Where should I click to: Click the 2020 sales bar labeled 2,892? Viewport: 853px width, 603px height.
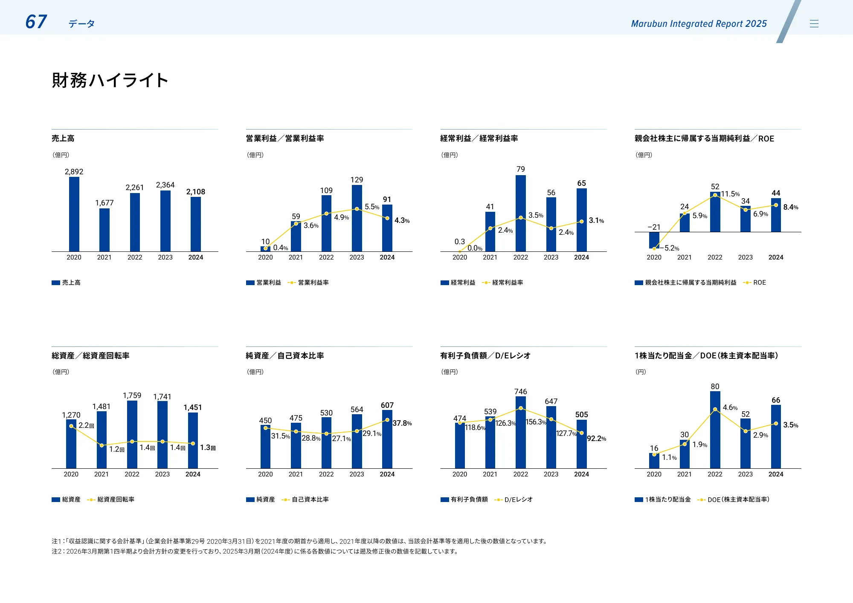pos(74,214)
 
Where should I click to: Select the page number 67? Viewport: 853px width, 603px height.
pos(36,22)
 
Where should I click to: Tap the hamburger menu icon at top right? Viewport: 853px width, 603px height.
pos(814,24)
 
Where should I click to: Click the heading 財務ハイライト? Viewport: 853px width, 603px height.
pos(110,80)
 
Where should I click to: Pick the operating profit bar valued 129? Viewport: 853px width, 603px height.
pos(357,218)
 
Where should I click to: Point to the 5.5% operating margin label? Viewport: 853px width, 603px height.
pos(371,207)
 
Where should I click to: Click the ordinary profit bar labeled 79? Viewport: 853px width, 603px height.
pos(520,213)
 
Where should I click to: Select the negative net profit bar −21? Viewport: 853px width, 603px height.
pos(654,240)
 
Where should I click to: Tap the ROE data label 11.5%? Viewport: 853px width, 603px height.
pos(730,194)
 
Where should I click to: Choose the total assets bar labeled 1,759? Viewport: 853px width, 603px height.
pos(132,435)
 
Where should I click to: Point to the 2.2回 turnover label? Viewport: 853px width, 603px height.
pos(86,425)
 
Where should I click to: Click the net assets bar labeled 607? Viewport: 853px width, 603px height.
pos(387,439)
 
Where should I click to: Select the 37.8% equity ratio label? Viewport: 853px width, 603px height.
pos(402,423)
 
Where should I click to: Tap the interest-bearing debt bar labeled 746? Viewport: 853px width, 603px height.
pos(520,433)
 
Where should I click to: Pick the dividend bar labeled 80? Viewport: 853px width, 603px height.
pos(715,430)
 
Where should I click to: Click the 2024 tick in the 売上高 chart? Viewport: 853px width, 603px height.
pos(196,257)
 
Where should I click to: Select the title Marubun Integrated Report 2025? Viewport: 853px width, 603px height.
pos(699,24)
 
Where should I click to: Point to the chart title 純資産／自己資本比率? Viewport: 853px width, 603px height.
pos(285,356)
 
